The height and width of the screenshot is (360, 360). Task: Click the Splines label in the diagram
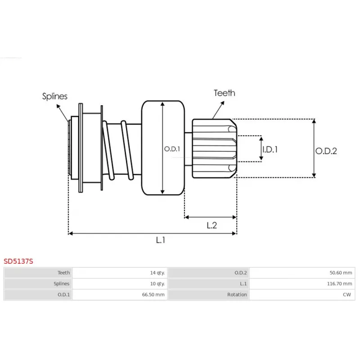coord(55,96)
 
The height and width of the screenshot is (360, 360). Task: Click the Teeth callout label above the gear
coord(224,93)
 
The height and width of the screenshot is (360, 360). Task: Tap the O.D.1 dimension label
coord(172,149)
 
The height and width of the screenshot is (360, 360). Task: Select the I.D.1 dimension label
coord(270,149)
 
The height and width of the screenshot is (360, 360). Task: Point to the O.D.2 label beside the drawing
coord(326,151)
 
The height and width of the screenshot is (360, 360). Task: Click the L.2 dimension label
coord(211,225)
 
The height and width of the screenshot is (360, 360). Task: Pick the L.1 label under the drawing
coord(161,240)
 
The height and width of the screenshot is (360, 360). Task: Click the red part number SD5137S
coord(18,261)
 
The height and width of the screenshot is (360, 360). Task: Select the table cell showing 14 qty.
coord(157,273)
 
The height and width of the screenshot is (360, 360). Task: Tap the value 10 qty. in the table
coord(157,284)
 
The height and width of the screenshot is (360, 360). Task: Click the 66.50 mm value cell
coord(154,295)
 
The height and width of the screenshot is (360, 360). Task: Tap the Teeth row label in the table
coord(63,273)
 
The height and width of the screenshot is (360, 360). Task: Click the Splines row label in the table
coord(62,284)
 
